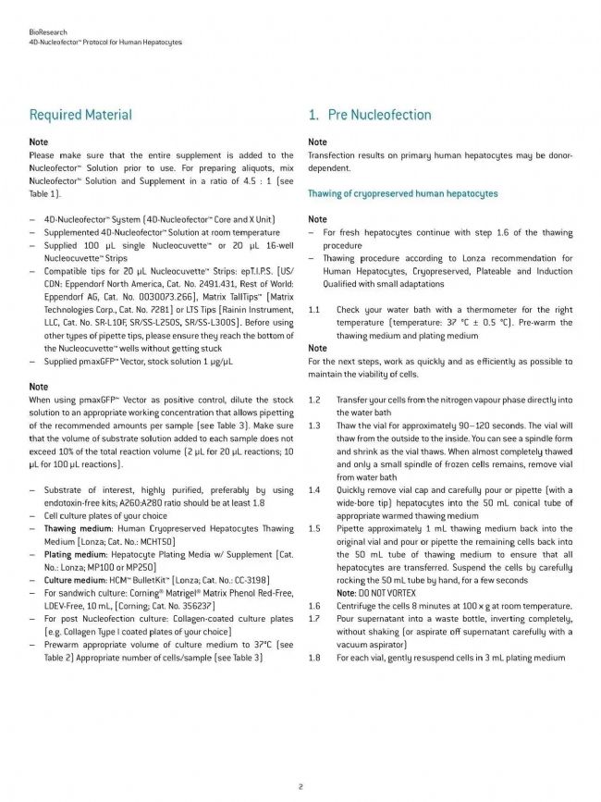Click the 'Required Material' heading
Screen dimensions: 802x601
tap(80, 116)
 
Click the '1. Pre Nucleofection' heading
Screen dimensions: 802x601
tap(368, 116)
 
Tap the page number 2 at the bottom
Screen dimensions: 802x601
tap(300, 787)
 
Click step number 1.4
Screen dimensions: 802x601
tap(314, 490)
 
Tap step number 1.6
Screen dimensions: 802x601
tap(314, 605)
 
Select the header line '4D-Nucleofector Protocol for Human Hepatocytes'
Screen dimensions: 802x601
tap(105, 43)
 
